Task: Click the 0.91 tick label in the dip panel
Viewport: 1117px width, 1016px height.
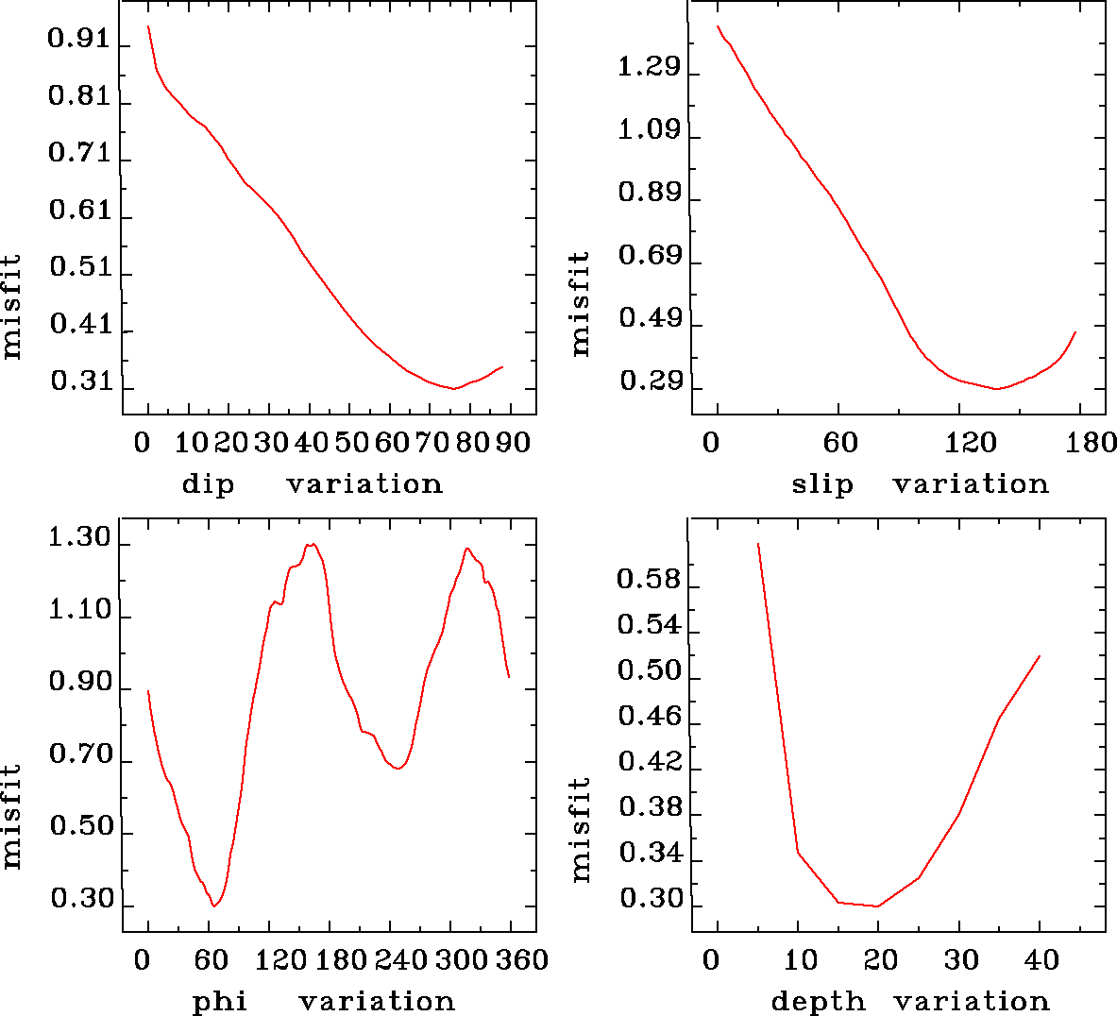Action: pos(79,41)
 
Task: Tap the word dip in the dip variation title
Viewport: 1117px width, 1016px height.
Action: pos(208,484)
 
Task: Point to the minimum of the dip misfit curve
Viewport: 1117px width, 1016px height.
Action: pos(454,388)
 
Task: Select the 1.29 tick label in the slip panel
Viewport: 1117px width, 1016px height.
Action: pos(649,68)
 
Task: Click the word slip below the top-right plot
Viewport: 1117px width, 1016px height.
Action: pos(821,484)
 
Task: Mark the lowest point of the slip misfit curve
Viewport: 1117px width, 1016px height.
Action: pos(996,388)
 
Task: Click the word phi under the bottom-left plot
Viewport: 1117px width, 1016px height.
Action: pos(220,1001)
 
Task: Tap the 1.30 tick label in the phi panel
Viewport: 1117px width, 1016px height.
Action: pos(79,539)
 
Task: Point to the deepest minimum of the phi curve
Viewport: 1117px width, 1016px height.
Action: pos(215,906)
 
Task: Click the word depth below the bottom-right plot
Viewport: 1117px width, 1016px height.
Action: pos(818,1001)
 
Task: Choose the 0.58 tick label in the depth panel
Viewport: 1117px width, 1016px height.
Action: pos(649,579)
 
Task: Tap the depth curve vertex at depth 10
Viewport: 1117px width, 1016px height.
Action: pos(798,853)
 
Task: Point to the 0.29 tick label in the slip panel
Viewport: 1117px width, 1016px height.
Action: pos(650,381)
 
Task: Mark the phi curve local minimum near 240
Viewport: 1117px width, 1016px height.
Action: pos(398,769)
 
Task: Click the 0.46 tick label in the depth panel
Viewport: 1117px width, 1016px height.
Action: pos(649,717)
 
